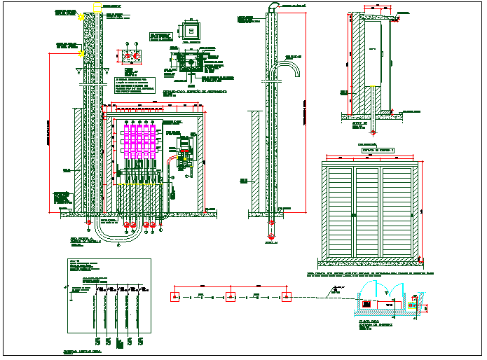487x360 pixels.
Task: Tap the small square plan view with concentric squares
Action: pyautogui.click(x=189, y=32)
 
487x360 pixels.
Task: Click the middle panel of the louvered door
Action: pyautogui.click(x=368, y=212)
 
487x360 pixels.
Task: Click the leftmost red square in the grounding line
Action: pyautogui.click(x=174, y=297)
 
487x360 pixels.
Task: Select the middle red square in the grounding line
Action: pyautogui.click(x=230, y=297)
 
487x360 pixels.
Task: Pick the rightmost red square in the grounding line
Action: pyautogui.click(x=284, y=297)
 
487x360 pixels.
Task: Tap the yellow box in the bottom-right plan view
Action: pyautogui.click(x=414, y=305)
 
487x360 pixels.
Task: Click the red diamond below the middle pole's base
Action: pyautogui.click(x=272, y=224)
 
